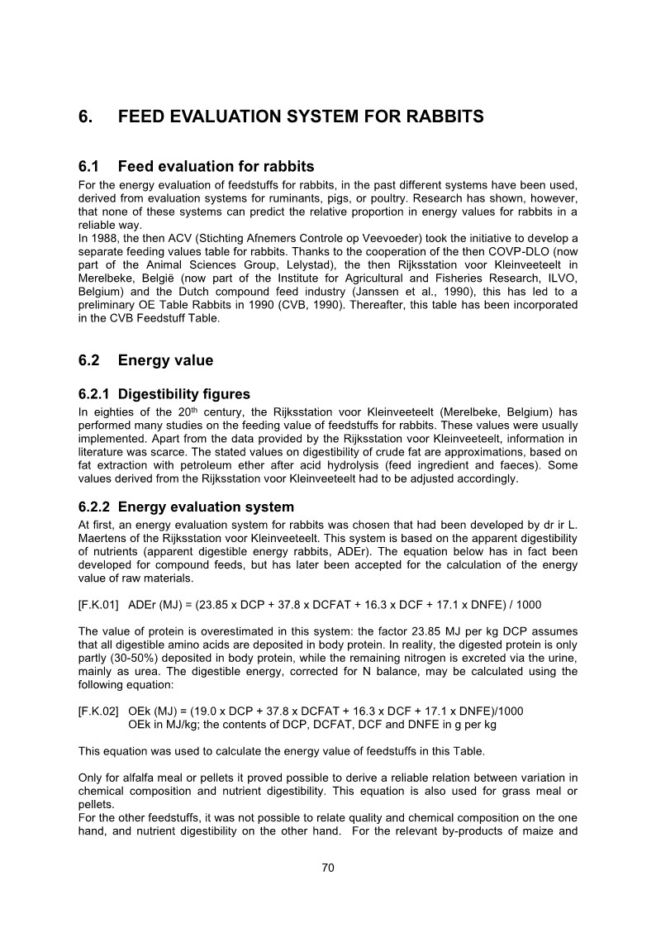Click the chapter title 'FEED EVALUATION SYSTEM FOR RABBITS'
coord(301,117)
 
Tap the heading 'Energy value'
coord(165,360)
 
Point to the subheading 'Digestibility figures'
coord(183,394)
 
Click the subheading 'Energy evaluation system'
coord(206,507)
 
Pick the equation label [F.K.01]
coord(98,605)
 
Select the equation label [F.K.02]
coord(98,711)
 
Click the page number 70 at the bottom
coord(327,867)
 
